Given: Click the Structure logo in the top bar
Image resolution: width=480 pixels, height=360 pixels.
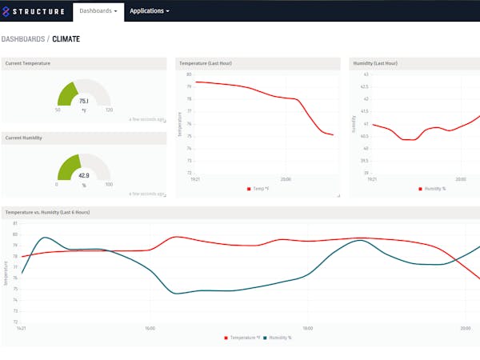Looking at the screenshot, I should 34,11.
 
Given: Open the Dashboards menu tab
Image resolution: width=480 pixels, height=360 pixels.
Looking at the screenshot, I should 98,11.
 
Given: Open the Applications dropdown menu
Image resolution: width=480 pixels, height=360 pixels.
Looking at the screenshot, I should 149,11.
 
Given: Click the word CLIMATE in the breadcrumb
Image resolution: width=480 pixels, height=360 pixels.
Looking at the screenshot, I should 66,38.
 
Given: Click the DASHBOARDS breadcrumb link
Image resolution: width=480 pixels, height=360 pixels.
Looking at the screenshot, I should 23,38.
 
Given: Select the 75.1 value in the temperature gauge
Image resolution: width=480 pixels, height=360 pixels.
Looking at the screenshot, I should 84,101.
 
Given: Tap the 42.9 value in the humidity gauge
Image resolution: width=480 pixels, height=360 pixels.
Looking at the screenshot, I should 84,174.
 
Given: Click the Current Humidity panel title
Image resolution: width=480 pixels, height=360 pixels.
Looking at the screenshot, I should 26,138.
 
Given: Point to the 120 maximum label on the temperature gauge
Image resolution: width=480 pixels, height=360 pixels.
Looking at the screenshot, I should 109,110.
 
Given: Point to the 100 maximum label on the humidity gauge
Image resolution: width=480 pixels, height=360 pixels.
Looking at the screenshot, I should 109,184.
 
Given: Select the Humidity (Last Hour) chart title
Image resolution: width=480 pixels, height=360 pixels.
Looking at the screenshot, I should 374,63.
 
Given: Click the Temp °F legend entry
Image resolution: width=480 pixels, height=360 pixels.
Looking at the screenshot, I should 261,189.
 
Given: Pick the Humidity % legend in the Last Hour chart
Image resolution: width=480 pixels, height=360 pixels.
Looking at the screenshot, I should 433,189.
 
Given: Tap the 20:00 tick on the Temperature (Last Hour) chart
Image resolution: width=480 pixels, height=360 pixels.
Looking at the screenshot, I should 286,179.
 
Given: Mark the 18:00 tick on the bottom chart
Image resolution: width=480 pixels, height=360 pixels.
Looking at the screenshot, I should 307,328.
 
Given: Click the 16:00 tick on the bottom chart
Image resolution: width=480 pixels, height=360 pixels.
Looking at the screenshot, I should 150,328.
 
